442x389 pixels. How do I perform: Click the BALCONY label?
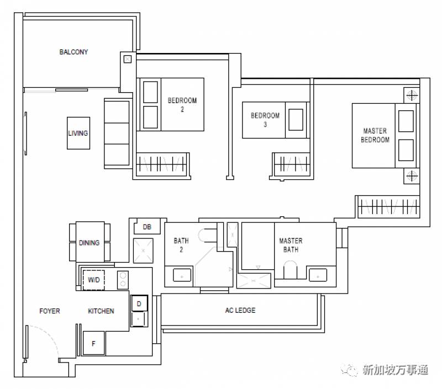(73, 52)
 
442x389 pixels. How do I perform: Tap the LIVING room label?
(78, 133)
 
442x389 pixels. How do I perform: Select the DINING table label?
(89, 243)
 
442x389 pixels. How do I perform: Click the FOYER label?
(50, 311)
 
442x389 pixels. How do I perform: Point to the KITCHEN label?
(101, 311)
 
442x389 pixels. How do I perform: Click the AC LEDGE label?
(240, 310)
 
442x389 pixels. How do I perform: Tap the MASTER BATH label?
(291, 245)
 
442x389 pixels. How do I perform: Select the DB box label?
(147, 227)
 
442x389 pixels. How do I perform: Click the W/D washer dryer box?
(93, 280)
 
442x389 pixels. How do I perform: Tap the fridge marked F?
(93, 343)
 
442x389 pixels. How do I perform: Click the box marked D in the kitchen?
(139, 303)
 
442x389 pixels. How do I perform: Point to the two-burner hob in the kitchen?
(123, 280)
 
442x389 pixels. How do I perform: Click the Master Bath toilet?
(291, 270)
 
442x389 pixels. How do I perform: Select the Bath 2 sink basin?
(182, 275)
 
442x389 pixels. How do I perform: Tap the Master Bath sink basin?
(318, 275)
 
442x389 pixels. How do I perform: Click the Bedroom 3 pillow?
(296, 120)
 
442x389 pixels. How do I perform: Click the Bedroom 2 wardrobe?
(162, 164)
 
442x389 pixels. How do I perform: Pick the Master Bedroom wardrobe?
(389, 207)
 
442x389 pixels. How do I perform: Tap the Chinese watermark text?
(395, 370)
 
